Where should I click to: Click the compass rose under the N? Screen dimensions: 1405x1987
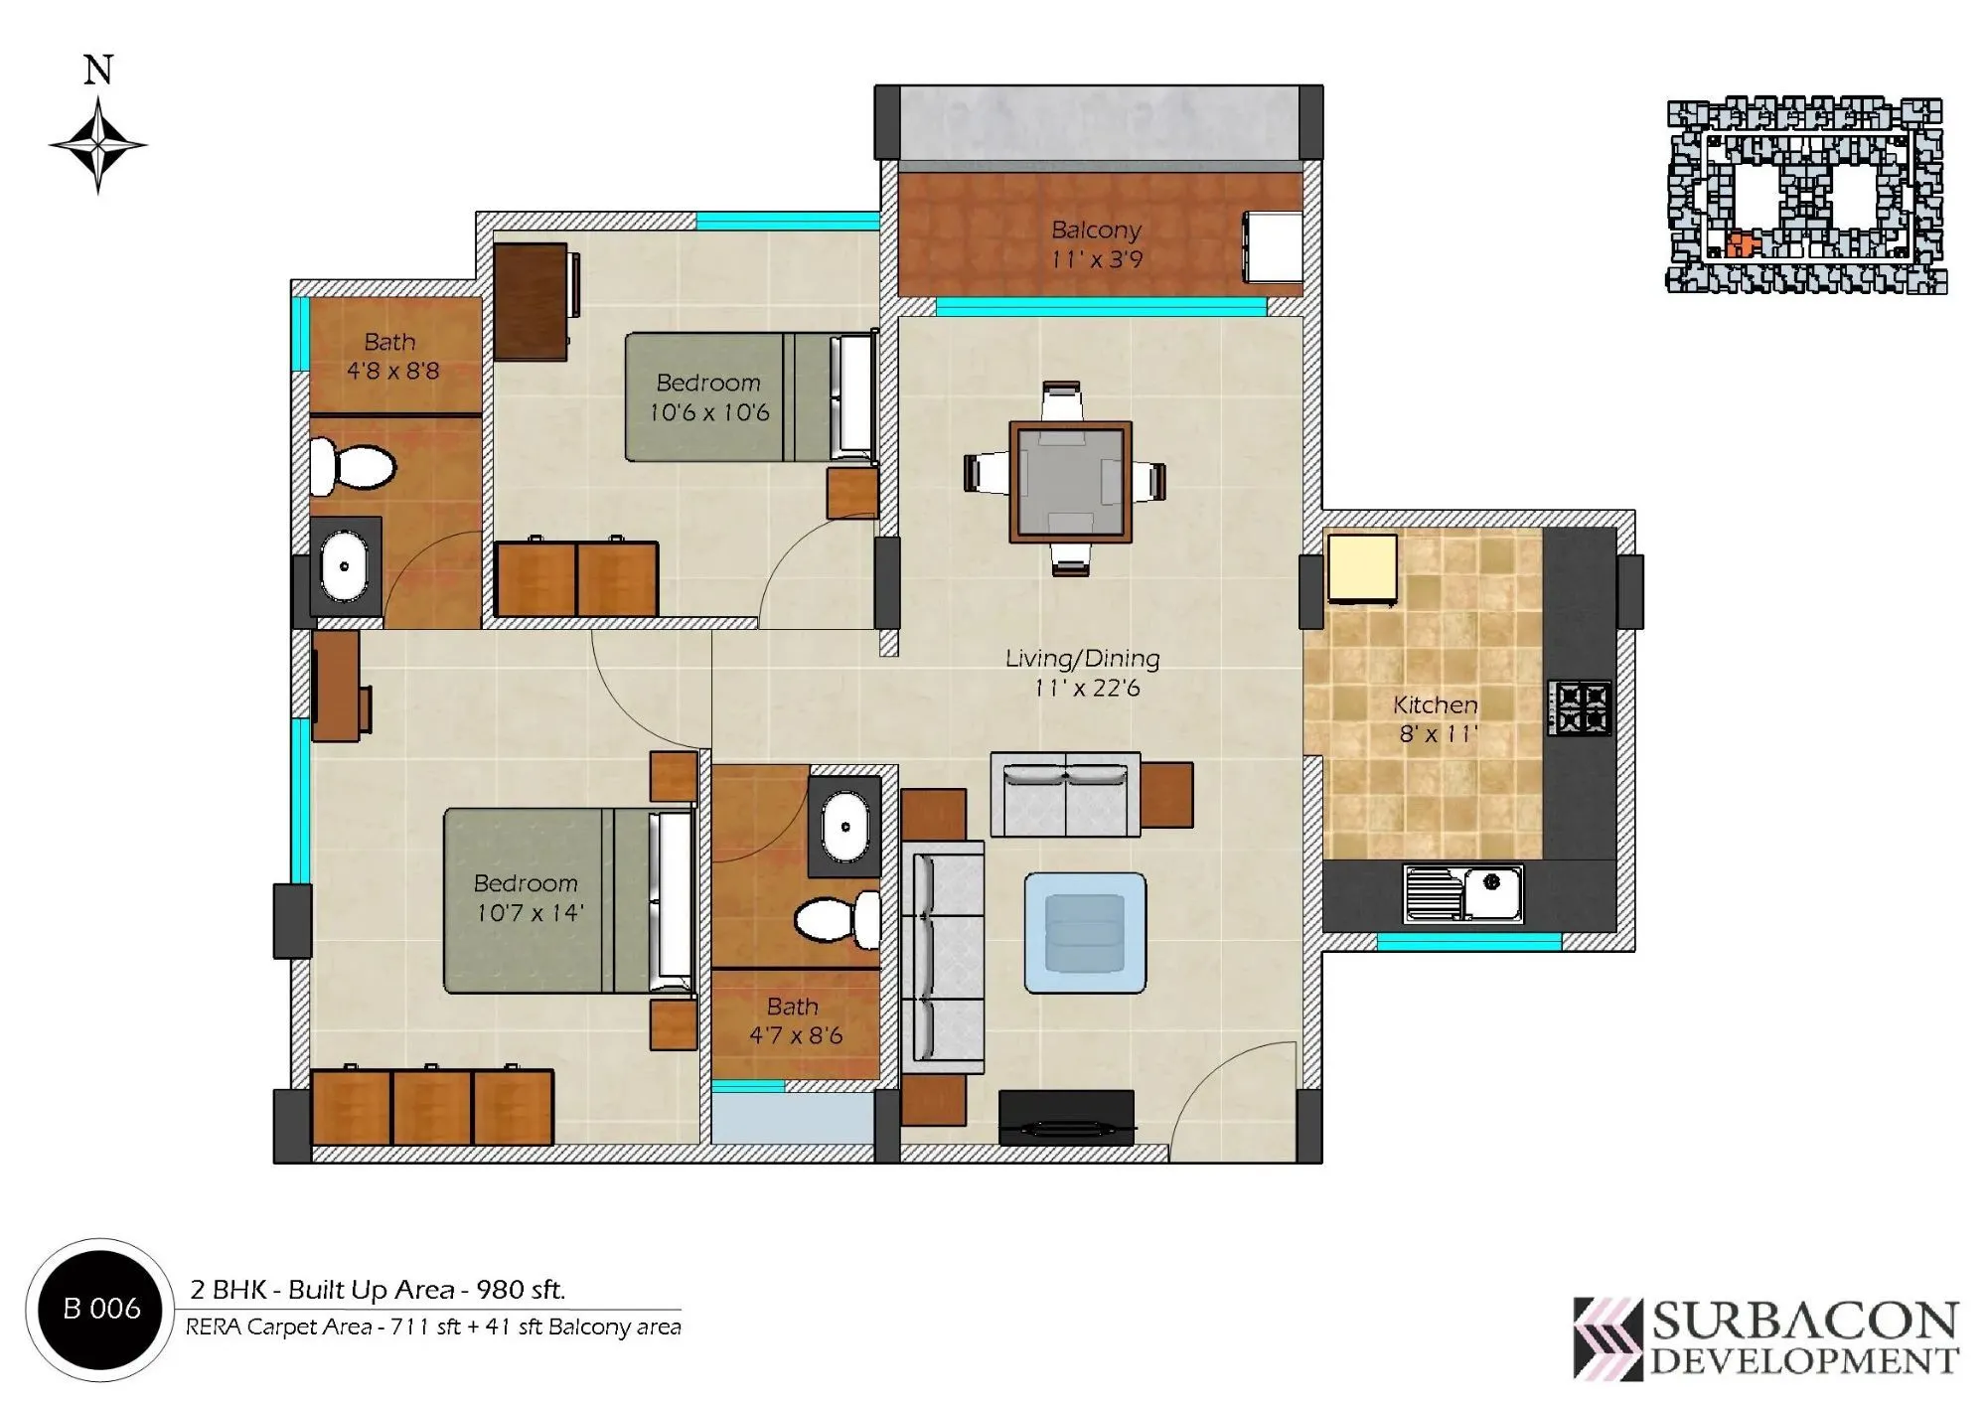(97, 145)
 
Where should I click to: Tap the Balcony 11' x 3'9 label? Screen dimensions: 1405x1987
(1096, 244)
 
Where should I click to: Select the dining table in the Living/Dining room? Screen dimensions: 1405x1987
(1070, 482)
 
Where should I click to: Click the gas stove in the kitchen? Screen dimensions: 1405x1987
(1579, 707)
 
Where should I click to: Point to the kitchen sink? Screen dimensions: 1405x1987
(1462, 892)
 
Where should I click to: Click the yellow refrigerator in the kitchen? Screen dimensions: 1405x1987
(1362, 568)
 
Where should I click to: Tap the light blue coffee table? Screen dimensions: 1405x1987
(1085, 932)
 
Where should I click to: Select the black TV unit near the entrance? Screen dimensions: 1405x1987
(1066, 1118)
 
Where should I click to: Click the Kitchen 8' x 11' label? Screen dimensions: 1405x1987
(1436, 719)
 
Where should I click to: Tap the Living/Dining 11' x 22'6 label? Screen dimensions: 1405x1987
(1083, 673)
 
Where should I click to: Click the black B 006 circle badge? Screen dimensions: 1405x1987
(100, 1309)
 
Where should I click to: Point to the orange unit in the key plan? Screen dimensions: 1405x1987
(1739, 244)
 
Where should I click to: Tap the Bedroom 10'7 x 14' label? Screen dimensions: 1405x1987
(527, 897)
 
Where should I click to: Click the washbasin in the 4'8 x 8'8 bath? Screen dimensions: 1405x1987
(344, 566)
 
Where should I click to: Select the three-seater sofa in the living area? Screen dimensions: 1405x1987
(942, 957)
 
